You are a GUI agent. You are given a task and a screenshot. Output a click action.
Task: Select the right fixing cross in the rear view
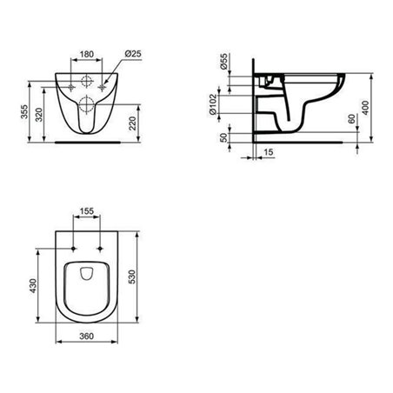click(103, 88)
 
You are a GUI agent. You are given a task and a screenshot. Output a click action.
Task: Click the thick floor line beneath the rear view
click(87, 139)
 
